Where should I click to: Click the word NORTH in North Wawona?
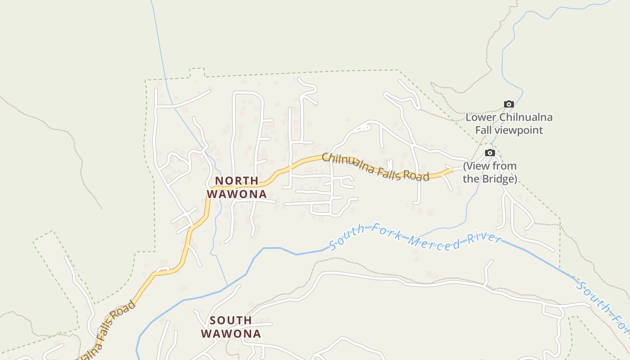(236, 181)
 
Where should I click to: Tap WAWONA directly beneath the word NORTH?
(237, 194)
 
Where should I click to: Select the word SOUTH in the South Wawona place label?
(231, 320)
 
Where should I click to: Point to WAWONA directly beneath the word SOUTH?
(231, 333)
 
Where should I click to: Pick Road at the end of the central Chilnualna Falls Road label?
(416, 176)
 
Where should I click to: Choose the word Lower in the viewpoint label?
(481, 118)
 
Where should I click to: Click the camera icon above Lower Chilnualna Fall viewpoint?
(508, 104)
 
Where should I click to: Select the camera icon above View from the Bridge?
(490, 153)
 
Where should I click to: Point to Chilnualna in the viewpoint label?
(526, 118)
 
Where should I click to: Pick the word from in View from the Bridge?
(505, 166)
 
